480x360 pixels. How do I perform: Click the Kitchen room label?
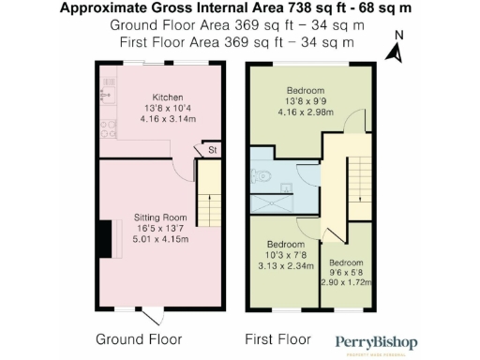(168, 97)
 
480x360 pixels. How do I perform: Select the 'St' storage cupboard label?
(213, 149)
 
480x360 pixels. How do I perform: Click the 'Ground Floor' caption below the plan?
(139, 338)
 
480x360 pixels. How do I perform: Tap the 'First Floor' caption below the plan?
(278, 338)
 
